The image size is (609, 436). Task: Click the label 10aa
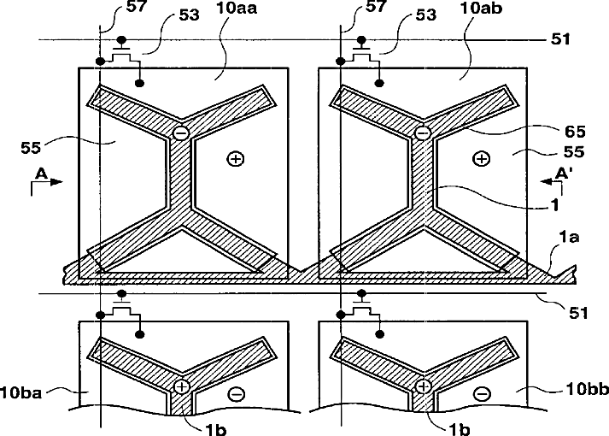click(237, 9)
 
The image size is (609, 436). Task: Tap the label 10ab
click(481, 9)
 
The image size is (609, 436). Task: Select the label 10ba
click(20, 392)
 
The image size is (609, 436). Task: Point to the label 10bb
click(587, 389)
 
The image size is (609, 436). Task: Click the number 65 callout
click(575, 132)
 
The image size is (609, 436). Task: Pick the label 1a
click(569, 237)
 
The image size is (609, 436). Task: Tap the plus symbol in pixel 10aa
click(236, 158)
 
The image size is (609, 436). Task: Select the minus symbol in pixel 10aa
click(180, 133)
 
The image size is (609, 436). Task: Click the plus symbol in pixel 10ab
click(482, 158)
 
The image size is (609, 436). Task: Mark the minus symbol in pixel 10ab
click(423, 133)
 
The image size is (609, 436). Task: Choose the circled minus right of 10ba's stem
click(236, 394)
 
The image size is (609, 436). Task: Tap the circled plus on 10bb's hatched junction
click(423, 386)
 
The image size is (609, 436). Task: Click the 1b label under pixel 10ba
click(215, 429)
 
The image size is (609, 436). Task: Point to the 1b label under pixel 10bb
click(460, 429)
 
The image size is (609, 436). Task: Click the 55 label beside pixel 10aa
click(31, 148)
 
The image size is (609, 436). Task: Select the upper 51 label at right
click(560, 38)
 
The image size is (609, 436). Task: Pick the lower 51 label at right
click(579, 313)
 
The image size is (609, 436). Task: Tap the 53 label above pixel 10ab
click(426, 15)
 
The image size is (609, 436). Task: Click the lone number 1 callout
click(555, 205)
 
